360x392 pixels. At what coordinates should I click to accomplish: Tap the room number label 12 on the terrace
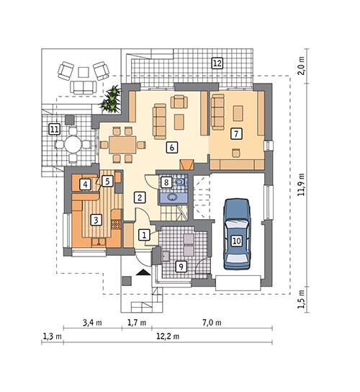click(216, 63)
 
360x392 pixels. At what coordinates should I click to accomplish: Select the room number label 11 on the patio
click(53, 129)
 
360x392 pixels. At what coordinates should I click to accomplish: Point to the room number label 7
click(235, 133)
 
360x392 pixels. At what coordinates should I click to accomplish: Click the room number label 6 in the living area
click(171, 147)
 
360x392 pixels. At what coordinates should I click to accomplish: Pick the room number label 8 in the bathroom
click(166, 183)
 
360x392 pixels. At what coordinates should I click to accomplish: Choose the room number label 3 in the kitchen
click(94, 218)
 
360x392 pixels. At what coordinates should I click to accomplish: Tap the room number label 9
click(180, 267)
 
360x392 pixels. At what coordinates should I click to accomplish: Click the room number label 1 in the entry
click(144, 234)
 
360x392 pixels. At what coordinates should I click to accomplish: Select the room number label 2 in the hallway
click(140, 197)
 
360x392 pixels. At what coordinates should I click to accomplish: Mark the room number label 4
click(86, 184)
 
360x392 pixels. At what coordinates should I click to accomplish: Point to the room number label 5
click(106, 182)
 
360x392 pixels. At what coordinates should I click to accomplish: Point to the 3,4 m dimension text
click(92, 322)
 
